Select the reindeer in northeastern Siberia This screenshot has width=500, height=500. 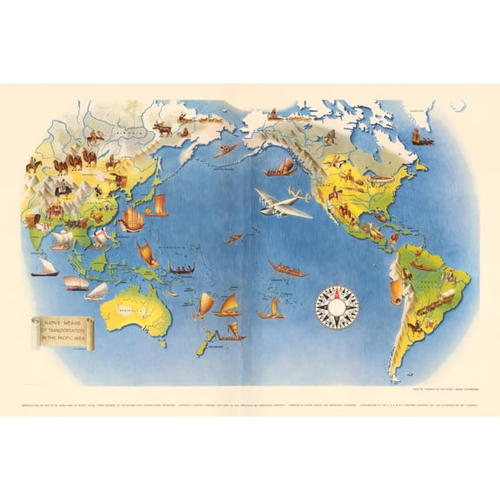click(164, 128)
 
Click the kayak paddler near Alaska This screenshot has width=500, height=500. click(227, 149)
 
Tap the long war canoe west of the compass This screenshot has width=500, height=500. click(288, 269)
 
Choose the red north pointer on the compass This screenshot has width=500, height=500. click(336, 291)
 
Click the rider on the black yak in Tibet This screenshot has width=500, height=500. click(63, 189)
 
